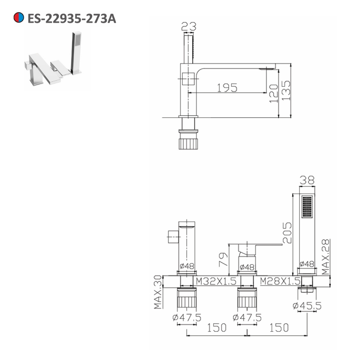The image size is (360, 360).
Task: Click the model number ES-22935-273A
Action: click(72, 18)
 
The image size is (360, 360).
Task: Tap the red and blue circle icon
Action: click(18, 18)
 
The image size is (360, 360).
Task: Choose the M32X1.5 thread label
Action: click(216, 281)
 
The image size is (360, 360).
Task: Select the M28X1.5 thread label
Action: click(280, 281)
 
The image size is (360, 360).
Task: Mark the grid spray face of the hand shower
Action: click(307, 206)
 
